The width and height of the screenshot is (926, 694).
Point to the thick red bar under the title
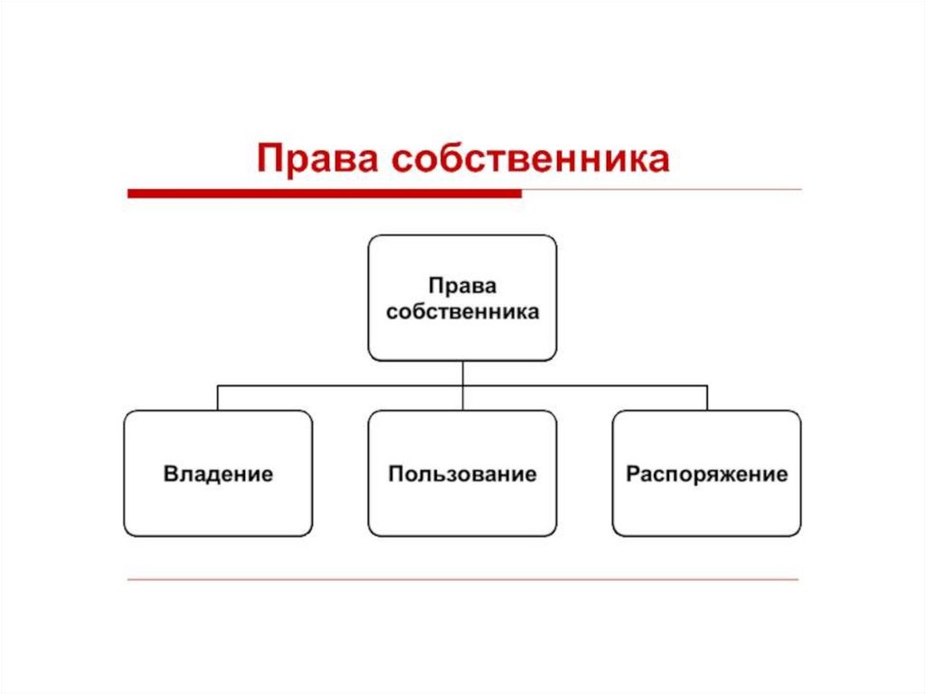(x=325, y=193)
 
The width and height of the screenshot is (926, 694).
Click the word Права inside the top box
(x=462, y=287)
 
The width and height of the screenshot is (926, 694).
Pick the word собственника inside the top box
(x=462, y=312)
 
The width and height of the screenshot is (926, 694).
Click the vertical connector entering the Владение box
(x=218, y=397)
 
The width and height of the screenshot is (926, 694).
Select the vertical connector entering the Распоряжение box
(x=707, y=397)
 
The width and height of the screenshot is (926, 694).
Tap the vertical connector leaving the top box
(x=462, y=372)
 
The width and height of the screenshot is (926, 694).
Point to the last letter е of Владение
(x=268, y=474)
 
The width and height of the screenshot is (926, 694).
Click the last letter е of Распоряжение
(x=782, y=474)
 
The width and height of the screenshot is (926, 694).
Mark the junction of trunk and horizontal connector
(x=462, y=385)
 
